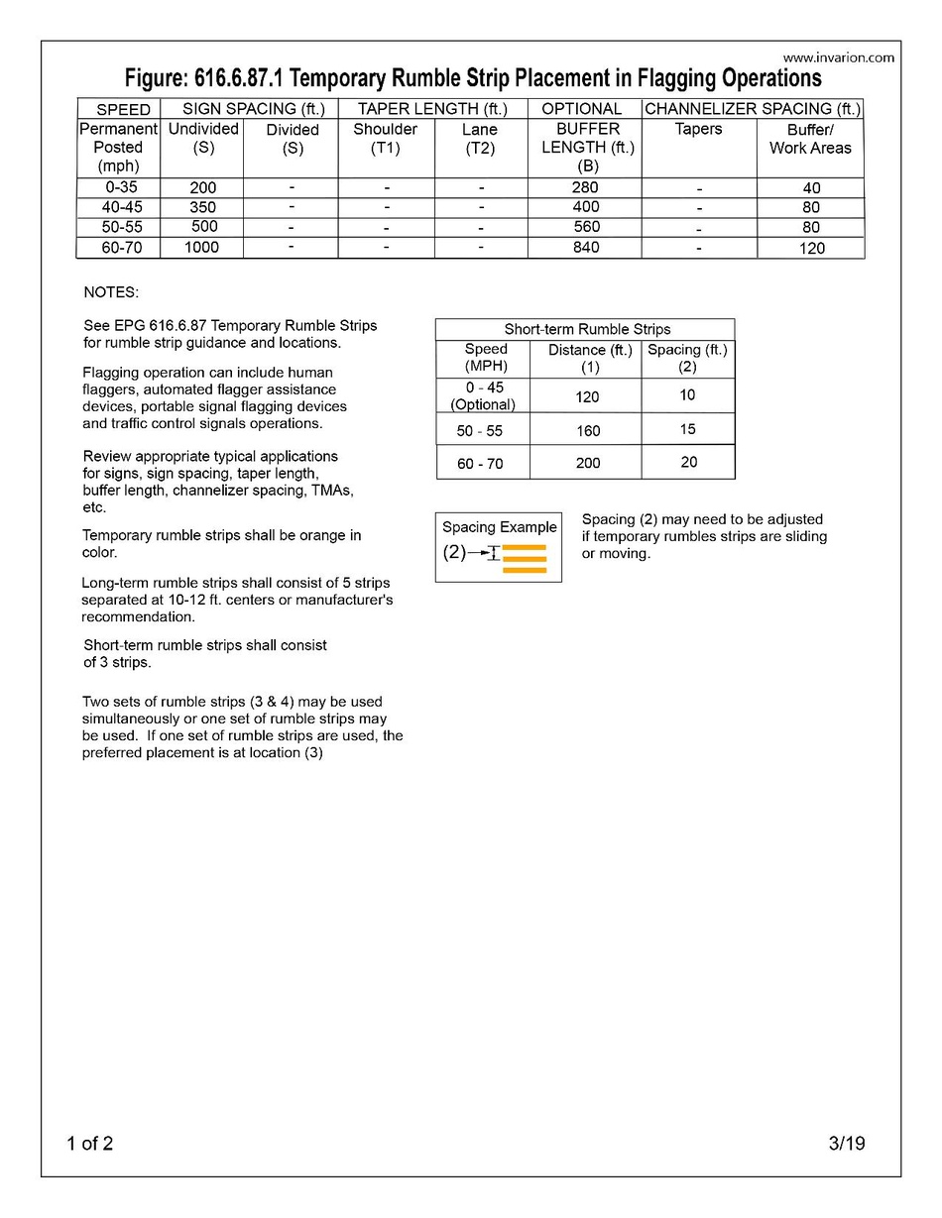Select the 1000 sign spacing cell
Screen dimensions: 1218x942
click(x=201, y=248)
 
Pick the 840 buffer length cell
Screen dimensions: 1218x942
click(x=585, y=248)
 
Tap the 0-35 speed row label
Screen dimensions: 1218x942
click(x=118, y=187)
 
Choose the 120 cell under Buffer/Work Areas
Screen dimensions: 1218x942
click(x=811, y=248)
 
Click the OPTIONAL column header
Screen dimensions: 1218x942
click(x=582, y=109)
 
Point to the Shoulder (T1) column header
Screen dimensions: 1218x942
click(x=386, y=139)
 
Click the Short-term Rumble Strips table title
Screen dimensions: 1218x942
click(x=585, y=329)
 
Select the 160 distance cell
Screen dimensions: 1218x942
click(x=586, y=431)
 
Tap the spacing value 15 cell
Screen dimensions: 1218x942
click(x=688, y=429)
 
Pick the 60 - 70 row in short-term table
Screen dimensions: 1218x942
click(x=481, y=463)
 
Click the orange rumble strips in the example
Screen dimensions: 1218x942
click(x=525, y=559)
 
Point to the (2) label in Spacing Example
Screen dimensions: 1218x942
click(x=454, y=552)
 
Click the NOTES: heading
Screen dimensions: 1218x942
click(x=111, y=293)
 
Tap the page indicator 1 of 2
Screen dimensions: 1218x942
click(x=90, y=1144)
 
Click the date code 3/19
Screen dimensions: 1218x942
click(x=847, y=1144)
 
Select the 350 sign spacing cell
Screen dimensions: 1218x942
click(x=201, y=207)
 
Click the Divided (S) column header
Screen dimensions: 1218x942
click(x=293, y=139)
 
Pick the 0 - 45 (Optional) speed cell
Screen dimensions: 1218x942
click(x=484, y=396)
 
